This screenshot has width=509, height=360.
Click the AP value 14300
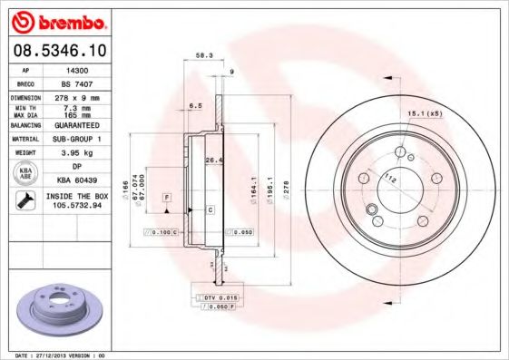coord(79,69)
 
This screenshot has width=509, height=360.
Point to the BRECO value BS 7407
coord(79,83)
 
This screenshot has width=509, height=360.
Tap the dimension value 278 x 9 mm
coord(79,97)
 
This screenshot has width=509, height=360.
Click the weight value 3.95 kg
coord(79,153)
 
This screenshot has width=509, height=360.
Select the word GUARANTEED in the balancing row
coord(79,124)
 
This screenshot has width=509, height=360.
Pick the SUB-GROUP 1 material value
coord(79,139)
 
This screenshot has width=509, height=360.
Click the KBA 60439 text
coord(79,180)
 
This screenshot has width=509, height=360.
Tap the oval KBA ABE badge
coord(26,174)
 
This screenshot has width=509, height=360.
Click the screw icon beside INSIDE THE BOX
coord(26,199)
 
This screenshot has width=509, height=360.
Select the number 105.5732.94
coord(79,206)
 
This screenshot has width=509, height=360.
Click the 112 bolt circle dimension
coord(389,177)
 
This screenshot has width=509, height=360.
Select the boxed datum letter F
coord(168,197)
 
